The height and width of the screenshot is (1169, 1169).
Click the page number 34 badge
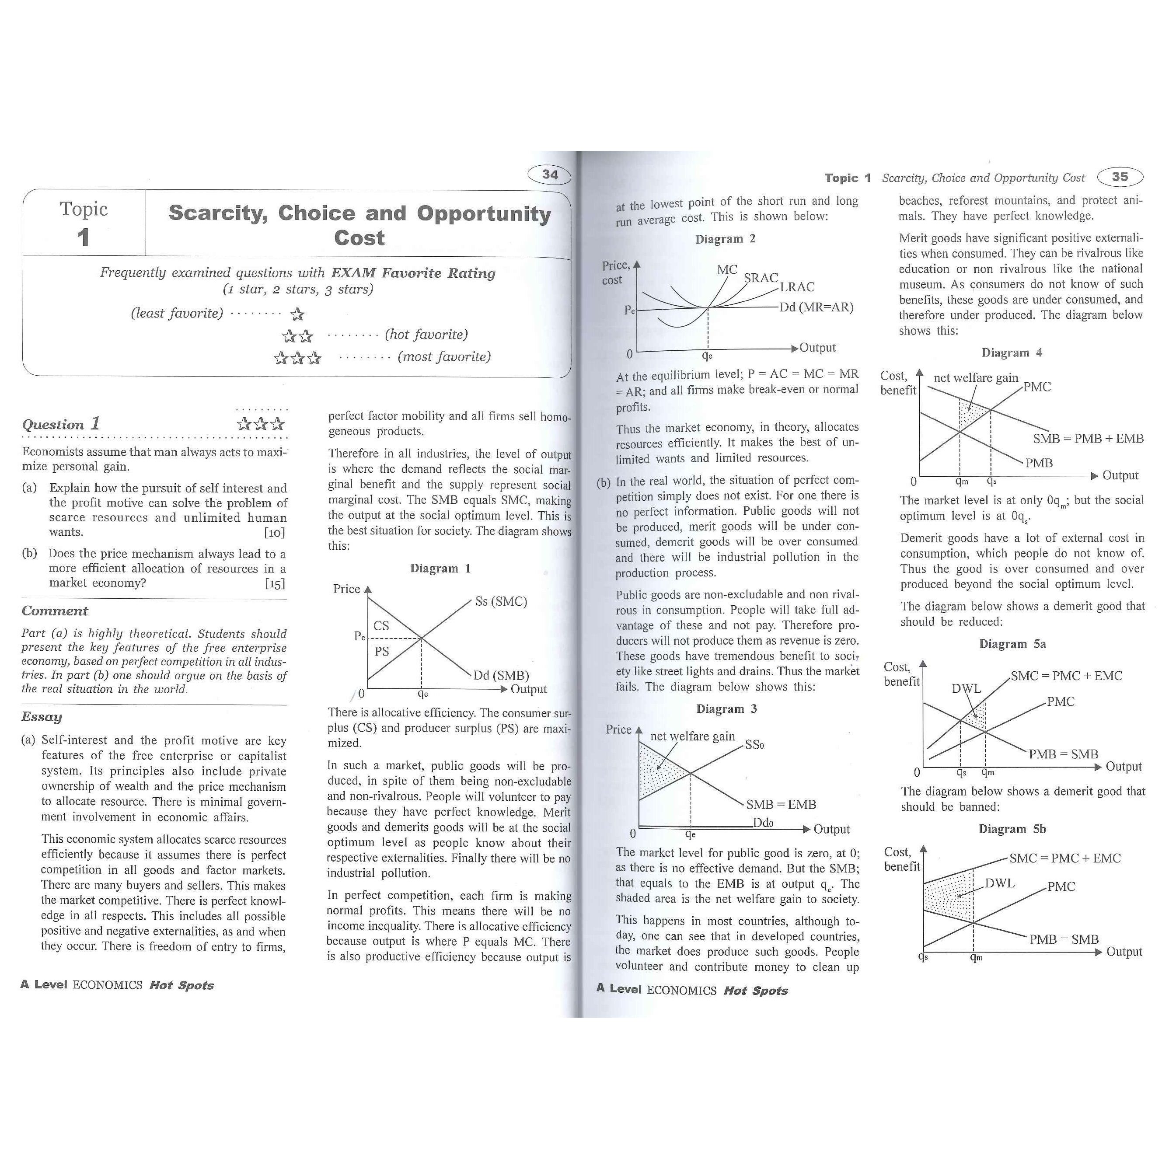click(x=549, y=175)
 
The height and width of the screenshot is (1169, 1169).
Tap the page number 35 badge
click(x=1120, y=177)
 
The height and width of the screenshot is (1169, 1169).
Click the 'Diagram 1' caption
click(x=440, y=568)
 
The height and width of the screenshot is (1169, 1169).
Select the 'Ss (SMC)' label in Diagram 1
click(x=501, y=601)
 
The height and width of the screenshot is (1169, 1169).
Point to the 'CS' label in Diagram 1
click(x=381, y=626)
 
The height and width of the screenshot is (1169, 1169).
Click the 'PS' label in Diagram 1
click(x=381, y=652)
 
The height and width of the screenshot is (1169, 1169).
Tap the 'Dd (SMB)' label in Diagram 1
click(x=501, y=675)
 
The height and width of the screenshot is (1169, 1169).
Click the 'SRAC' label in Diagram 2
click(x=761, y=278)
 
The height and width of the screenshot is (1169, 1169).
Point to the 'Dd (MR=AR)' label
click(x=816, y=307)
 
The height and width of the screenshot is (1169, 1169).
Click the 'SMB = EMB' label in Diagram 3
click(x=781, y=804)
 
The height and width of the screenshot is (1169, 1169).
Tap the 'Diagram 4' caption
click(x=1012, y=353)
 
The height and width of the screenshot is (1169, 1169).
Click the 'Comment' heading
click(x=55, y=611)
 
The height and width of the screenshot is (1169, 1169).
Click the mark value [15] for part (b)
click(x=275, y=583)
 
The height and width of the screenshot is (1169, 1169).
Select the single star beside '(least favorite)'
click(x=297, y=314)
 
